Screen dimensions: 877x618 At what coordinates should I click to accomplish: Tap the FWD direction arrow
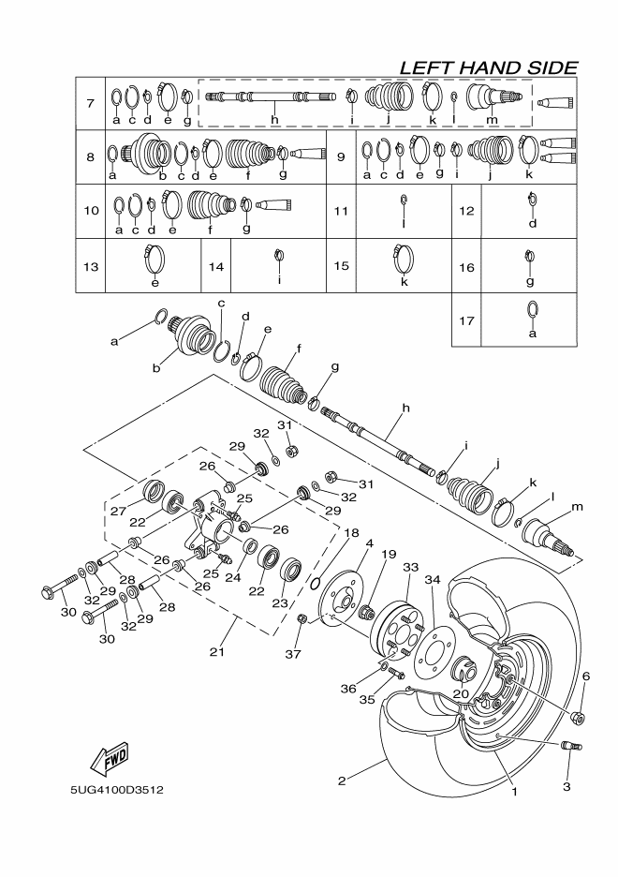coord(110,755)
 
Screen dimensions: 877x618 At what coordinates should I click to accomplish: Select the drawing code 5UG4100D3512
coord(117,790)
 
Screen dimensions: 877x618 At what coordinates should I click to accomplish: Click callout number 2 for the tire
coord(343,779)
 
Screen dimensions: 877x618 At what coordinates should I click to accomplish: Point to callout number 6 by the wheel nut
coord(587,676)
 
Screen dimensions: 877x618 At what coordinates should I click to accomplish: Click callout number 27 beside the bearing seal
coord(117,512)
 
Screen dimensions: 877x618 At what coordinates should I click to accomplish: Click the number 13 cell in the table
coord(90,266)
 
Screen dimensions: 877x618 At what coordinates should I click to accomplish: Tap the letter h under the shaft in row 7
coord(274,120)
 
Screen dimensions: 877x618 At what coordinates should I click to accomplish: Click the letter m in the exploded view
coord(577,507)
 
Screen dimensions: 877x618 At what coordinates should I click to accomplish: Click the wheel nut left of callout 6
coord(578,719)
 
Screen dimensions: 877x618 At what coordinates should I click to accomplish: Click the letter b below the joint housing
coord(157,368)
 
